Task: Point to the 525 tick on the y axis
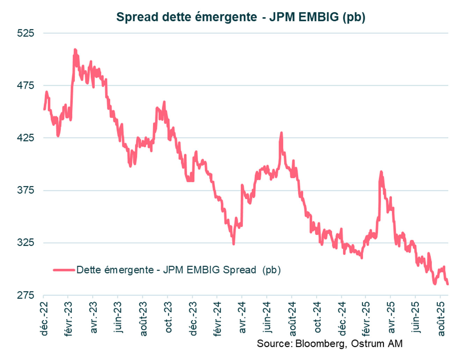tap(25, 33)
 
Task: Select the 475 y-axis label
tap(25, 86)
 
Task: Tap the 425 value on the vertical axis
tap(25, 138)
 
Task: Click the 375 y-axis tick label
tap(25, 190)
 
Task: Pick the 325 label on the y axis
tap(25, 243)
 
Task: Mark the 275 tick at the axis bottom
tap(25, 295)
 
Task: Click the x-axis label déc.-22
tap(44, 318)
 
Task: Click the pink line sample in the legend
tap(64, 270)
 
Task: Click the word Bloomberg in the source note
tap(319, 344)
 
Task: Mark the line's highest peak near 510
tap(75, 50)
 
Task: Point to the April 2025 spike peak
tap(381, 172)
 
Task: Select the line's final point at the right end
tap(447, 284)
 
